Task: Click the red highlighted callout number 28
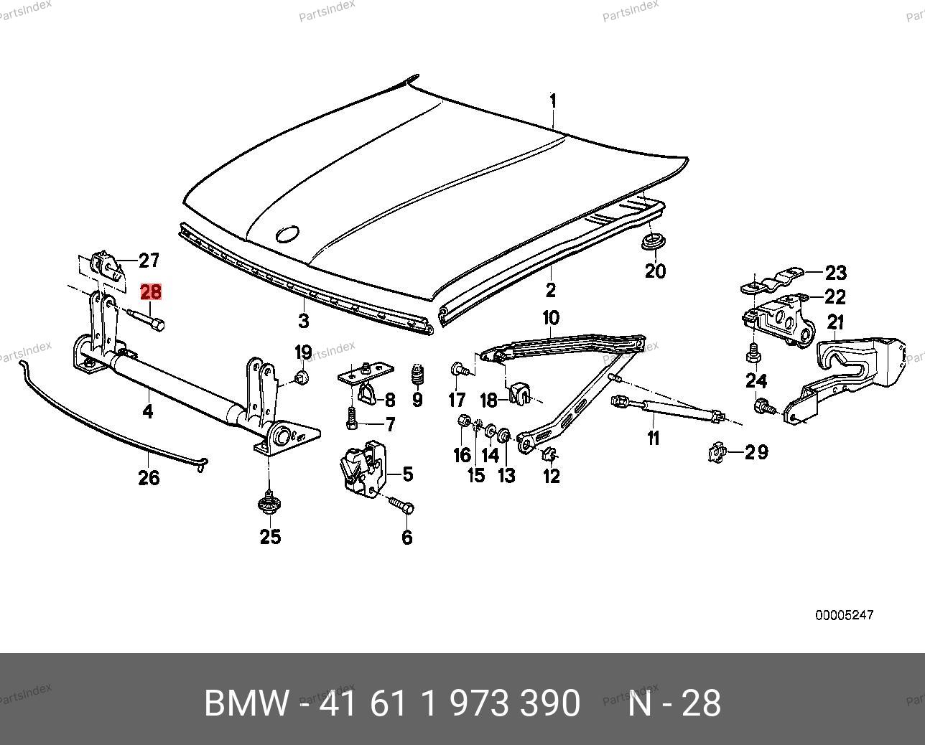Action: [151, 291]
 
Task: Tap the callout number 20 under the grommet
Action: [655, 271]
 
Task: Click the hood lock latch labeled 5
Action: [364, 469]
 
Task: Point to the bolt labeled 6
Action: [401, 505]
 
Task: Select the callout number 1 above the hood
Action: [553, 100]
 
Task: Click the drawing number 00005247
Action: [844, 615]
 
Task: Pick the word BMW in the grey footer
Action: [246, 703]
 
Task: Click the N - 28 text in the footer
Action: [674, 703]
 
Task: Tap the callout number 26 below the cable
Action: [149, 477]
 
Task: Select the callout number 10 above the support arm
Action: [550, 317]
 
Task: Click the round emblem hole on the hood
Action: [287, 234]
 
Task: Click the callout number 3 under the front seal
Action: [304, 320]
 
